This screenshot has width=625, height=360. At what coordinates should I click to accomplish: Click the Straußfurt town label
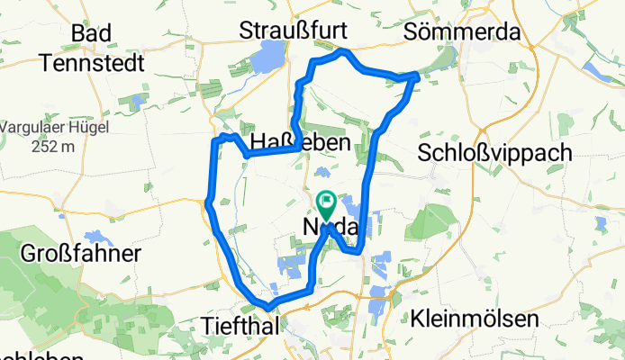[294, 31]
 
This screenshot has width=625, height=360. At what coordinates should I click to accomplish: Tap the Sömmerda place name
[463, 31]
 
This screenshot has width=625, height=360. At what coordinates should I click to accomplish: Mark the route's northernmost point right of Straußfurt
[342, 53]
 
